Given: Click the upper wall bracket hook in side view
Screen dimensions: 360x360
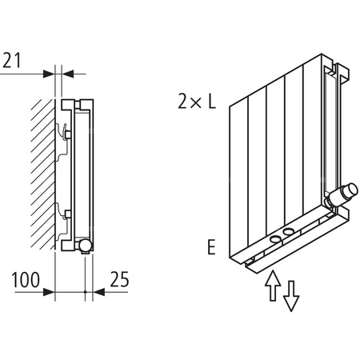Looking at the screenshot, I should click(x=63, y=130).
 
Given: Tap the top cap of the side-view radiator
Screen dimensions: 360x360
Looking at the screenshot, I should click(x=78, y=103).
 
